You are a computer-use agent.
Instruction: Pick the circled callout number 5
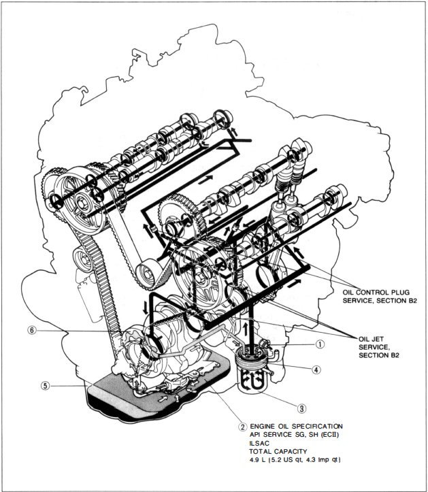(x=45, y=385)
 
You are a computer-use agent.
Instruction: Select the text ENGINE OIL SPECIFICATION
(x=297, y=425)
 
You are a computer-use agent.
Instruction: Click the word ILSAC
(x=260, y=443)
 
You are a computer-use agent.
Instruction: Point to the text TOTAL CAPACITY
(x=281, y=452)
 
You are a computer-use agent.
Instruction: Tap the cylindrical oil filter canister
(x=252, y=370)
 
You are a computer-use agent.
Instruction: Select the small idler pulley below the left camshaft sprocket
(x=84, y=260)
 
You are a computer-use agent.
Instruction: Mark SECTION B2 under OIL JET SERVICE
(x=379, y=357)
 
